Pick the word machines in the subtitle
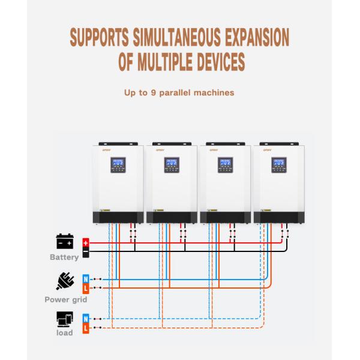click(214, 93)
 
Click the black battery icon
click(65, 242)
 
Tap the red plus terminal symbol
click(86, 243)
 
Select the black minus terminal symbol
click(86, 253)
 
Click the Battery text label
click(65, 257)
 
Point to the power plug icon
click(64, 281)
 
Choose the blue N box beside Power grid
click(86, 279)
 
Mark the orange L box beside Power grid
click(86, 289)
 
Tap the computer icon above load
click(64, 319)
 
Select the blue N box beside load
click(86, 318)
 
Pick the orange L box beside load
click(86, 328)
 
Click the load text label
click(65, 333)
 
